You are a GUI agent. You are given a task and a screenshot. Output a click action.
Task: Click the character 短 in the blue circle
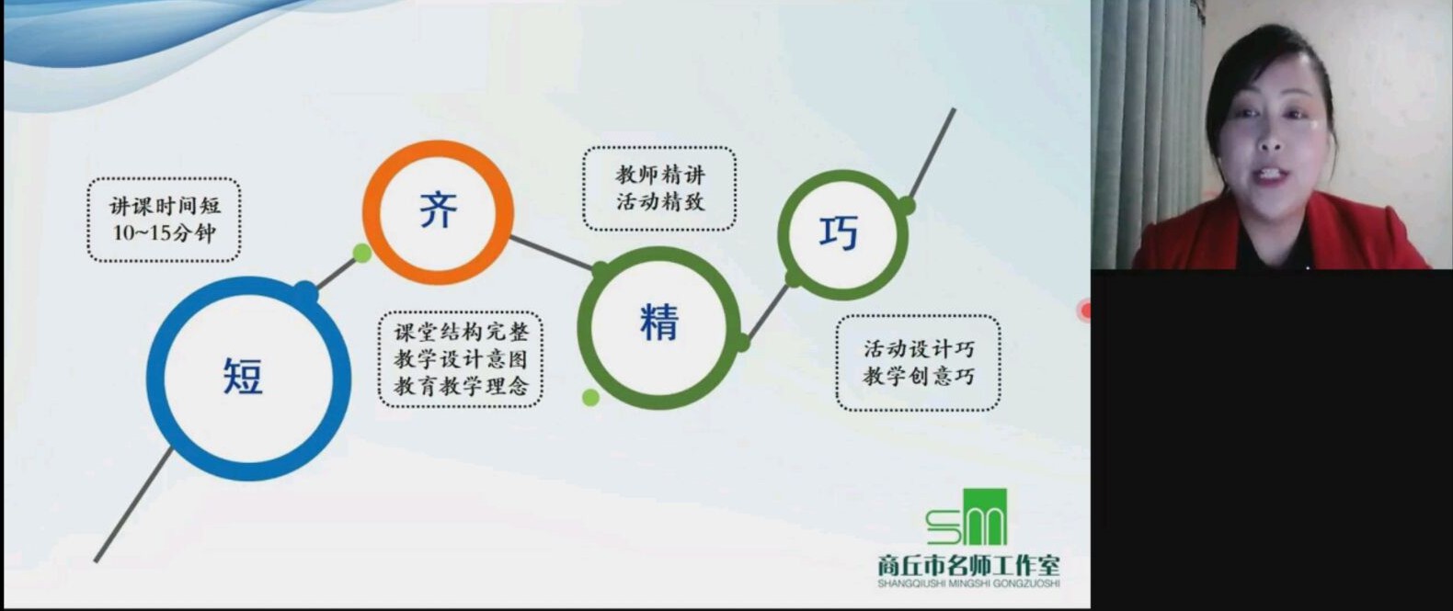coord(244,376)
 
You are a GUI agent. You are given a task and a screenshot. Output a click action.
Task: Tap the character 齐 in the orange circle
coord(439,209)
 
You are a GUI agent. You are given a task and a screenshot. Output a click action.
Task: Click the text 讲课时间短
coord(165,206)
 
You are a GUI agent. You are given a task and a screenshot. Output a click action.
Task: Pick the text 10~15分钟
coord(164,232)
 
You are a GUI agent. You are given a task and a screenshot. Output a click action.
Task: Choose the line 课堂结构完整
coord(462,332)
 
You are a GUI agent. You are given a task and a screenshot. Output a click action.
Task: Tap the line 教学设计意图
coord(462,359)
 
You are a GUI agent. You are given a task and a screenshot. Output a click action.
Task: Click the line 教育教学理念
coord(462,386)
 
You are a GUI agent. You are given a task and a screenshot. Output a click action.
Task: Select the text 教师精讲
coord(659,175)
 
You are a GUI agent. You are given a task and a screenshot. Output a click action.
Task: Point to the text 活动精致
coord(659,201)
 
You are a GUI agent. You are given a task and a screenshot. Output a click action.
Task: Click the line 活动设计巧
coord(919,349)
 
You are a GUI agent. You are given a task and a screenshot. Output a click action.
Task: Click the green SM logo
coord(967,517)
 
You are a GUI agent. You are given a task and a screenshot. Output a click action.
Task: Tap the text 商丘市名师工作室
coord(968,566)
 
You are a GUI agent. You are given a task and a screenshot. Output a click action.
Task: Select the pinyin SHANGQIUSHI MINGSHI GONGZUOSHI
coord(968,583)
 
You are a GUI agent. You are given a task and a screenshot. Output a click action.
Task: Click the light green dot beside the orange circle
coord(362,253)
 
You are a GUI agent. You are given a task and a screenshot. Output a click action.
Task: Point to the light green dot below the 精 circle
coord(590,397)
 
